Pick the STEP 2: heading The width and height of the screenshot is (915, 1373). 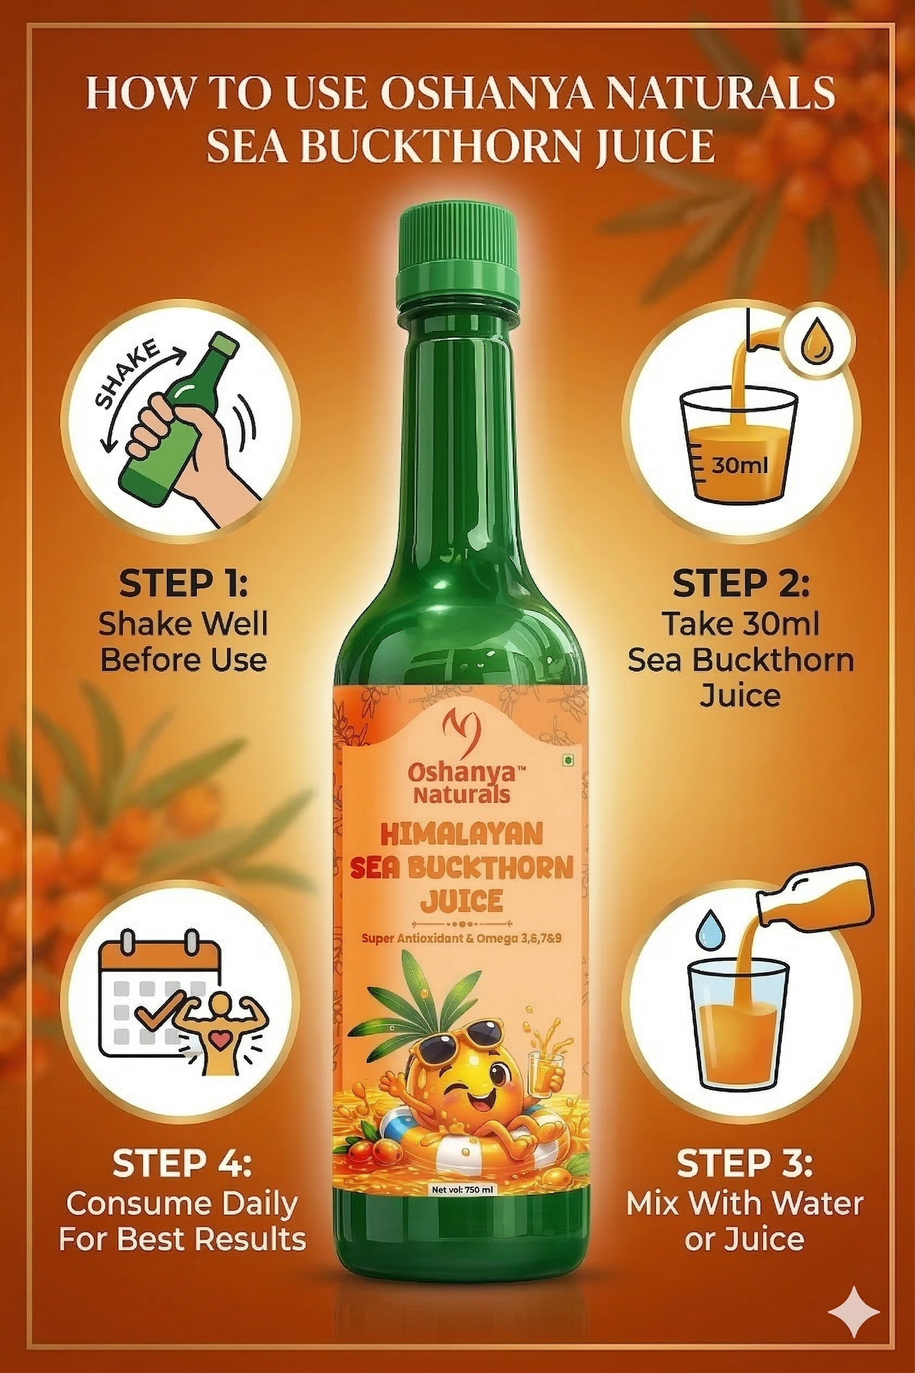coord(741,584)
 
